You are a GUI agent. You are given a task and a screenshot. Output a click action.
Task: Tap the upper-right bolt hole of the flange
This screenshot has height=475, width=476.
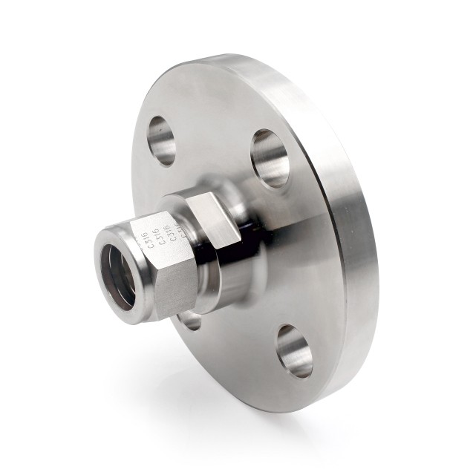click(269, 157)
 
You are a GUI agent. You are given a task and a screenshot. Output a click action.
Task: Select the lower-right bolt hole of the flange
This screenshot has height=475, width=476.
click(294, 350)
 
